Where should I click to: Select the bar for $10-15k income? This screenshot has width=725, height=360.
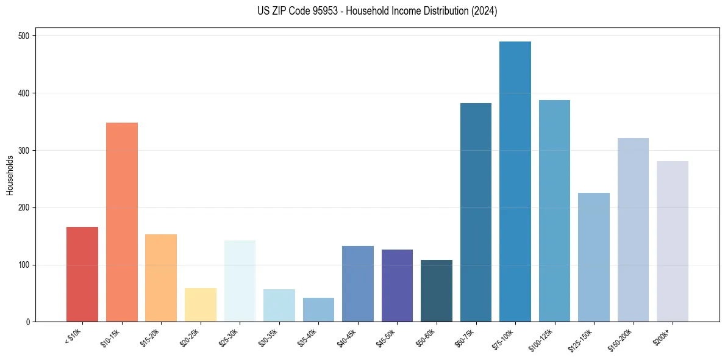(121, 222)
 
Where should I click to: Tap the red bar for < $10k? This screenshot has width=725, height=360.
(82, 275)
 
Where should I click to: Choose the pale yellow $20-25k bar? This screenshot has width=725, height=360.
(200, 305)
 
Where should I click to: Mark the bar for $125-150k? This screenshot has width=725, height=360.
(593, 257)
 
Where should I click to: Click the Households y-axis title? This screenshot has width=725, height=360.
(10, 175)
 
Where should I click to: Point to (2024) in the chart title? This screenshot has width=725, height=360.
(484, 11)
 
